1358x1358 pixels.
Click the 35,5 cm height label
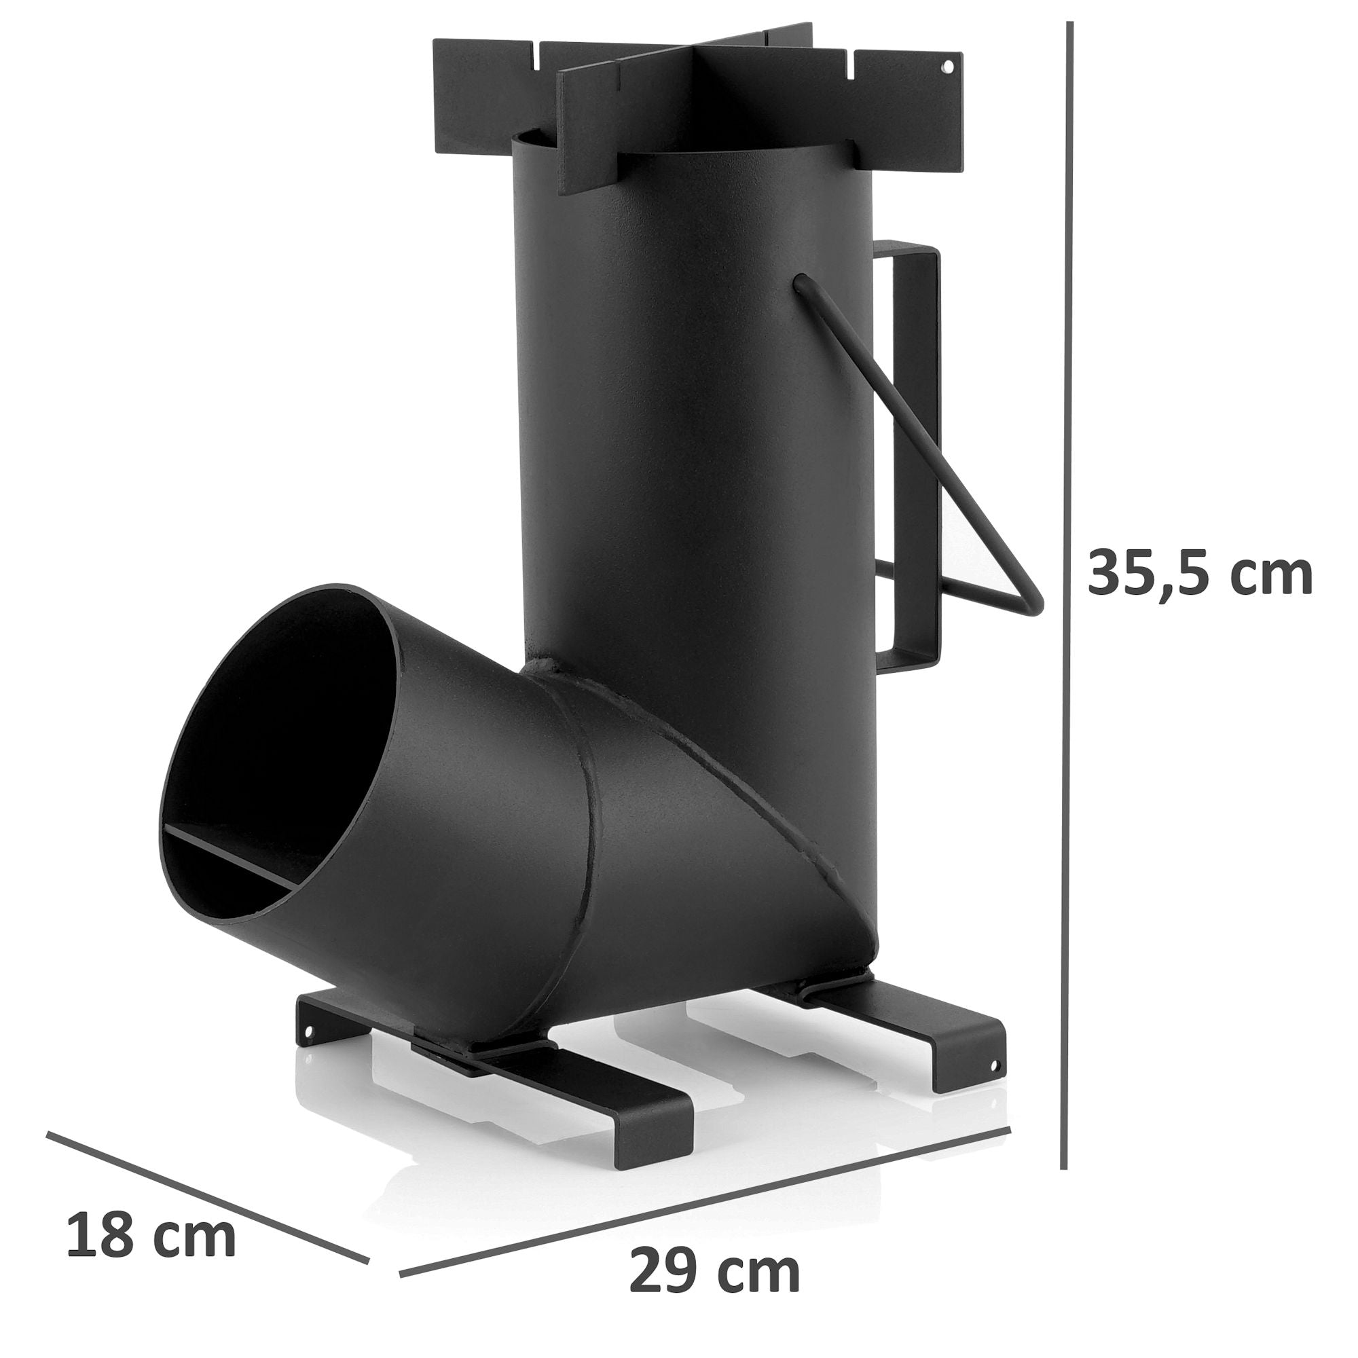(1199, 573)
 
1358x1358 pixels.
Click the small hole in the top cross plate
(947, 68)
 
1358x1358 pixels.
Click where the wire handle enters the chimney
(801, 282)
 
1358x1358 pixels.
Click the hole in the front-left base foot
(308, 1031)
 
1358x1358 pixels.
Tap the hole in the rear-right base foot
(994, 1066)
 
